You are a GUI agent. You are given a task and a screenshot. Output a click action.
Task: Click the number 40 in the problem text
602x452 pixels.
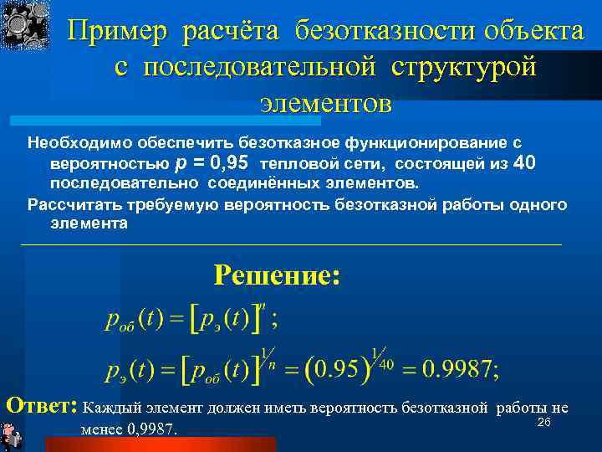coord(521,162)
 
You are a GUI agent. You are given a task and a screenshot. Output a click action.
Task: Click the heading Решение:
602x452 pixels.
coord(277,275)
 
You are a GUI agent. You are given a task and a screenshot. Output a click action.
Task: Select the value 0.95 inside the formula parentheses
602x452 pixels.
coord(339,369)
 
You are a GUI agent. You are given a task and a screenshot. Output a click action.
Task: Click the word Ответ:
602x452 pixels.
coord(41,406)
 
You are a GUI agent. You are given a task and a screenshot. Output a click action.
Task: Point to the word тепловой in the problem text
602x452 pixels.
coord(292,162)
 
